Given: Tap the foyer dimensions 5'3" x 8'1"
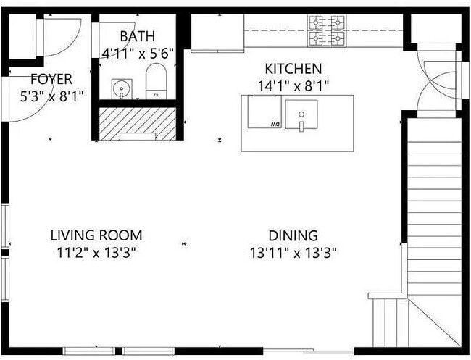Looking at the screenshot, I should coord(42,95).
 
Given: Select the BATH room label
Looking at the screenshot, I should coord(138,37).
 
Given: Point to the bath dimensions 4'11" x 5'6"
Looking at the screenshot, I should coord(138,53).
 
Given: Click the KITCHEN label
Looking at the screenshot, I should coord(293,70).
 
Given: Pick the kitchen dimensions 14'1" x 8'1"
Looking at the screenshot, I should coord(293,85).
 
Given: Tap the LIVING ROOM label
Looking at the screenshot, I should coord(96,235).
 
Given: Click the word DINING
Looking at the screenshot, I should coord(293,235).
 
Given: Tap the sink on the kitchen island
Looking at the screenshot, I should coord(301,114).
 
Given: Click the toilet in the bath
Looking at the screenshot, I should coord(157,81).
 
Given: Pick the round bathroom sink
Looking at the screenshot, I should coord(120,88).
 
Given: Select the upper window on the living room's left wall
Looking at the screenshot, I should coord(5,227).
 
